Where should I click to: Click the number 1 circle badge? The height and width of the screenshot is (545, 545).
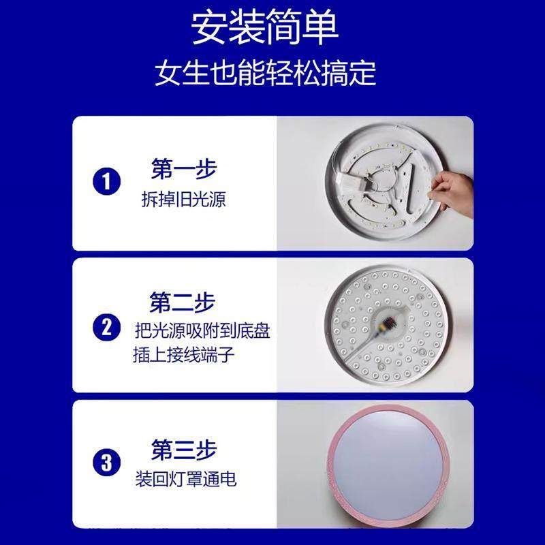pos(105,182)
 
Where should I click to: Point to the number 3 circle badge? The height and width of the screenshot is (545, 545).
pos(105,464)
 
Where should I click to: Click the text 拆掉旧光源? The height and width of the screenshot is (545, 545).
pos(182,200)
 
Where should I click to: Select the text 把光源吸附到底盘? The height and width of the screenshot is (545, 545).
pos(202,332)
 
